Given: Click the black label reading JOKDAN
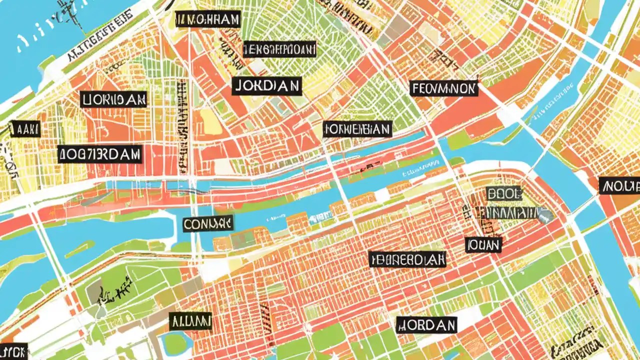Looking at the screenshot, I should coord(267,86).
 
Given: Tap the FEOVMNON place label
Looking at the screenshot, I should coord(444,89).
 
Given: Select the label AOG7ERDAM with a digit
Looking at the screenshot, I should coord(99,154).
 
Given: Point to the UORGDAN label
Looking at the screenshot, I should coord(113,99).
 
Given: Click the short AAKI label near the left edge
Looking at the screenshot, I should coord(25,128).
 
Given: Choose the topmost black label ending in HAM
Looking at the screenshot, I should coord(208,19).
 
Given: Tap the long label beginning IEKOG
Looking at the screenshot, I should coord(279,49).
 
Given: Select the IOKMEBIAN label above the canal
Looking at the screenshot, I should coord(357,129).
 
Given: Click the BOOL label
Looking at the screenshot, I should coord(503,193).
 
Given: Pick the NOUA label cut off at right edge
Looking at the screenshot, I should coord(619,185).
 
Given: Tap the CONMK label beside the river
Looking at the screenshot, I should coord(208,223).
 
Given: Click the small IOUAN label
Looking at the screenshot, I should coord(483,244).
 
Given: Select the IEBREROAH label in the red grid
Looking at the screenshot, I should coord(407,259).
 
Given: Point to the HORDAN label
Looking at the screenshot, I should coord(426,325).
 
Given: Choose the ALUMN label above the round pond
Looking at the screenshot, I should coord(190,321).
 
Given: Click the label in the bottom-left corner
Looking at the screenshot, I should coord(13,350).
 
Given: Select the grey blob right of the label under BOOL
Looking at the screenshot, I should coord(546,214).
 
